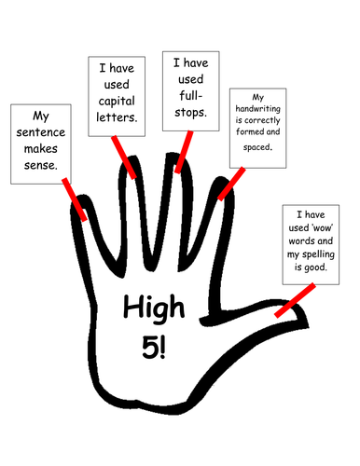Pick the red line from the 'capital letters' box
click(125, 156)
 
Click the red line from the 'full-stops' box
click(184, 151)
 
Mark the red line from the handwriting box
click(232, 183)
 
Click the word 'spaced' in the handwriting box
click(260, 147)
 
